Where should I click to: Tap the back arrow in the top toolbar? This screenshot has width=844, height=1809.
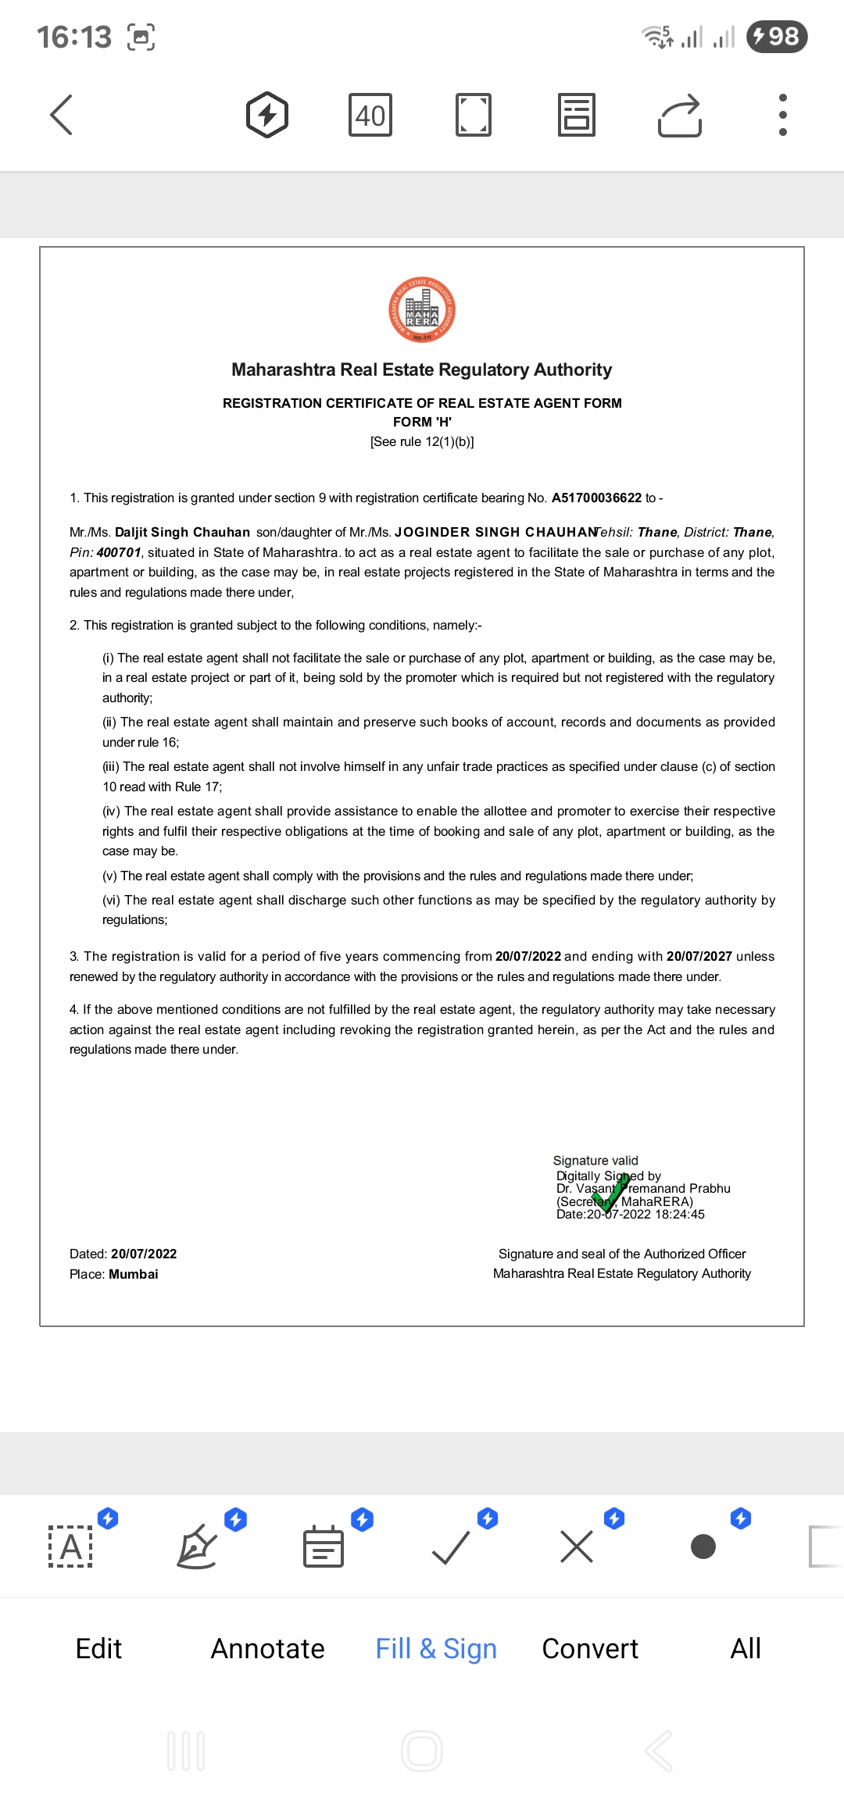coord(62,115)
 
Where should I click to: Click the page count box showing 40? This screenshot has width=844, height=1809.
coord(370,116)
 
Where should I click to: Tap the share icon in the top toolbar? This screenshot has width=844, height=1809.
coord(680,116)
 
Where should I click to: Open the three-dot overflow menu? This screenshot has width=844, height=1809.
coord(782,115)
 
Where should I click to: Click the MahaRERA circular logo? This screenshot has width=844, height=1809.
coord(422,310)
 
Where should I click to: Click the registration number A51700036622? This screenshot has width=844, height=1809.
coord(596,498)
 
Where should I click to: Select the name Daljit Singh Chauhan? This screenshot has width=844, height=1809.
coord(182,533)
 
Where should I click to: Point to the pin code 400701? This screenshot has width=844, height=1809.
coord(119,553)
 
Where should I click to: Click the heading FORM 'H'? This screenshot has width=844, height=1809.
coord(422,423)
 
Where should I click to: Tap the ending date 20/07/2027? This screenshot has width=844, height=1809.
coord(699,957)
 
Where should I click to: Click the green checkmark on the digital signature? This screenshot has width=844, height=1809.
coord(610,1194)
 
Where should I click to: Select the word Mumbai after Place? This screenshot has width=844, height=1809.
coord(134,1275)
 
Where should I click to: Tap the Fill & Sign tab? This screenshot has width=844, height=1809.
coord(436,1649)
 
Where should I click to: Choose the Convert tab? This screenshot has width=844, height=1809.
coord(590,1649)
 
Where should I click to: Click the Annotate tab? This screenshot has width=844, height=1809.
coord(267,1649)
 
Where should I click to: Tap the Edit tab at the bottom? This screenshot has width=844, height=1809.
coord(98,1649)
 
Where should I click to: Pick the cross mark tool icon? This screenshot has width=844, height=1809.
coord(577,1547)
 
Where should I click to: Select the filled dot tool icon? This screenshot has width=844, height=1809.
coord(703,1547)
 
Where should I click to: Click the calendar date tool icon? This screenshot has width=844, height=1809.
coord(323,1547)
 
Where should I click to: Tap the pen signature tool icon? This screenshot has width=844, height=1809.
coord(197,1547)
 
